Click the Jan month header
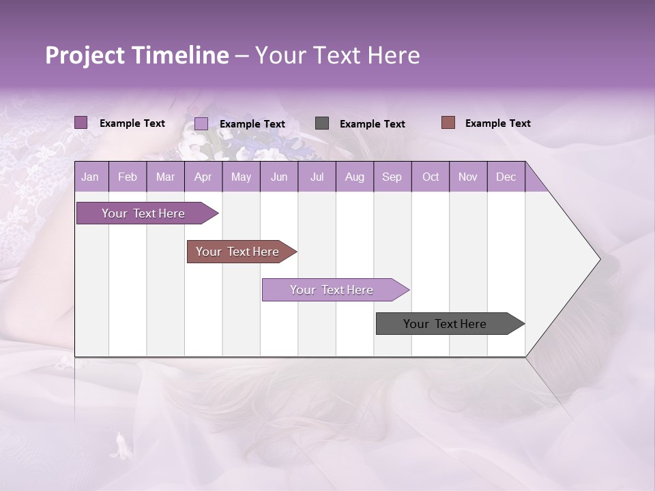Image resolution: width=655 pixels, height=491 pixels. pyautogui.click(x=90, y=177)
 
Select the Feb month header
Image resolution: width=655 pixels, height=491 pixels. pyautogui.click(x=128, y=177)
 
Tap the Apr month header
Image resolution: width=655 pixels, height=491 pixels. pyautogui.click(x=203, y=177)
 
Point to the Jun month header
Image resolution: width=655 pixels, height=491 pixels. pyautogui.click(x=279, y=177)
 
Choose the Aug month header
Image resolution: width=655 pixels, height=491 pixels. pyautogui.click(x=354, y=177)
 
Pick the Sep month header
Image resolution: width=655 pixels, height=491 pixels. pyautogui.click(x=392, y=177)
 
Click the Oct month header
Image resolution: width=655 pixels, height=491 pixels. pyautogui.click(x=431, y=177)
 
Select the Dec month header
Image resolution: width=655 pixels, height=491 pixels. pyautogui.click(x=506, y=177)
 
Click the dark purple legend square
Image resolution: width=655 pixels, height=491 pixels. pyautogui.click(x=81, y=123)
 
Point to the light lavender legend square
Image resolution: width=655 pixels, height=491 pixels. pyautogui.click(x=201, y=123)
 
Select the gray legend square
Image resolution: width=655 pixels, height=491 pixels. pyautogui.click(x=322, y=123)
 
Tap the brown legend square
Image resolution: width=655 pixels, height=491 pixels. pyautogui.click(x=448, y=123)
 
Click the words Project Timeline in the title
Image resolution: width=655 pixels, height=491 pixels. pyautogui.click(x=137, y=55)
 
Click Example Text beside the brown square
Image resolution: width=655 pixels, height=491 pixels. pyautogui.click(x=497, y=123)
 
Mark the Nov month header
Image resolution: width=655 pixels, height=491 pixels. pyautogui.click(x=468, y=177)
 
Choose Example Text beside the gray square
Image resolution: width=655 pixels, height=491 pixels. pyautogui.click(x=372, y=123)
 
